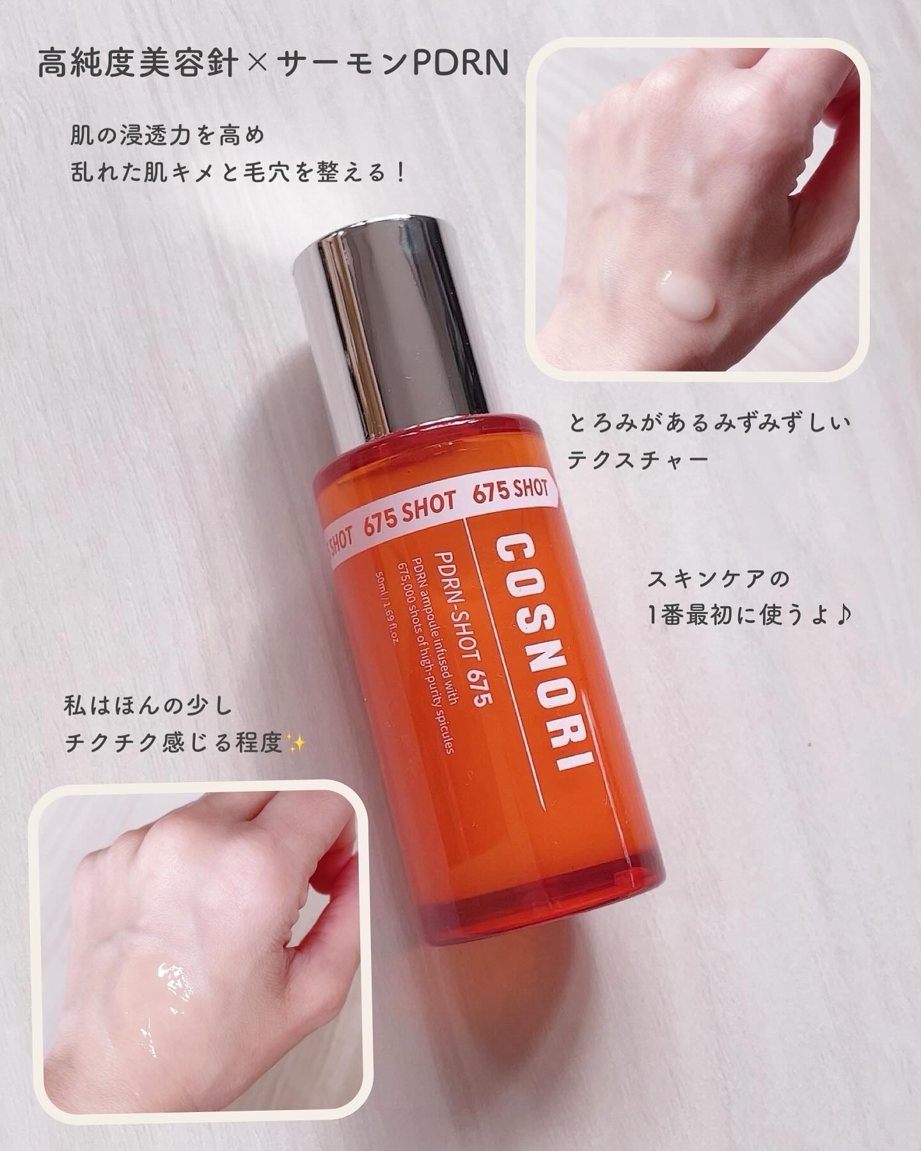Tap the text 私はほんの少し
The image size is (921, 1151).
click(151, 709)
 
